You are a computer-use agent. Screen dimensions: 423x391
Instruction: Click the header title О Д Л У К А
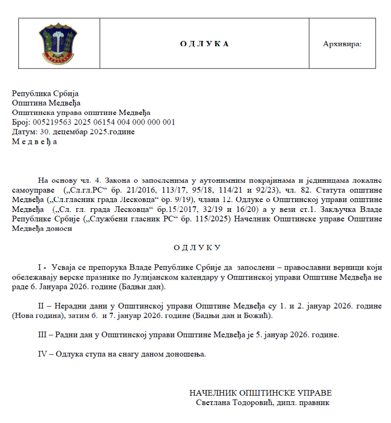204,44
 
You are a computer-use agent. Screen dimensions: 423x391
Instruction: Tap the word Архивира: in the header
342,44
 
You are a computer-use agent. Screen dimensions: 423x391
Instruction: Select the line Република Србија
45,94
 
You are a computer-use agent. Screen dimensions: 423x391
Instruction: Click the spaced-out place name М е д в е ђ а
34,142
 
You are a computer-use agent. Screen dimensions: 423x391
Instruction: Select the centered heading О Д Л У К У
197,247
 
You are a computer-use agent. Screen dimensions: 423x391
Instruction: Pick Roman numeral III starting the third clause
42,335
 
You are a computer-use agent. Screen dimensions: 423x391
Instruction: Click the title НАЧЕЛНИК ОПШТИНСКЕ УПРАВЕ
260,393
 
